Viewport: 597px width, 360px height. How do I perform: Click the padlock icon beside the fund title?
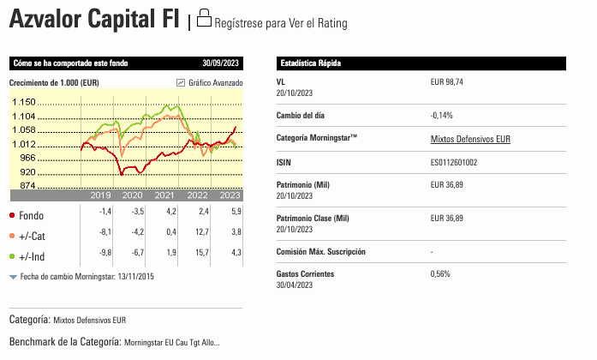[204, 18]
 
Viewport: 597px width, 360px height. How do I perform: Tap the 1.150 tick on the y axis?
[24, 102]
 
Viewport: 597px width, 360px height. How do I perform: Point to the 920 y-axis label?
[27, 171]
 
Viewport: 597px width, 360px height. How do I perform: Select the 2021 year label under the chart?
[164, 195]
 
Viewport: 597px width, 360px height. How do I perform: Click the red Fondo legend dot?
[12, 215]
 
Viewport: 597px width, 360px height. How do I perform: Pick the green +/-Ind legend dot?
[12, 256]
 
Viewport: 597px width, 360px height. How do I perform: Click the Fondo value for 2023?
[236, 212]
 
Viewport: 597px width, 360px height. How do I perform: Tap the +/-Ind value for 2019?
[105, 252]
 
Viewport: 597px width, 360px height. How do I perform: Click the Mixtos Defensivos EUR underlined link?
[470, 139]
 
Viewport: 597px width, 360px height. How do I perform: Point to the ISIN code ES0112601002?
[454, 163]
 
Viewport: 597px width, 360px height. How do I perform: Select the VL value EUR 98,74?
[446, 82]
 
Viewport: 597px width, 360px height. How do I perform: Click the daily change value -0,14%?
[442, 116]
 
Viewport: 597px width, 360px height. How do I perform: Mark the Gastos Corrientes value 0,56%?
[440, 274]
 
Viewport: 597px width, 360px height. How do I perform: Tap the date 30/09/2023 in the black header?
[220, 63]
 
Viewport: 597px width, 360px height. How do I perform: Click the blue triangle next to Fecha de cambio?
[14, 277]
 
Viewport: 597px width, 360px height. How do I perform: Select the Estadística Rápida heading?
[311, 63]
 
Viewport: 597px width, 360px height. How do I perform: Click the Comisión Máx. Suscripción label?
[321, 252]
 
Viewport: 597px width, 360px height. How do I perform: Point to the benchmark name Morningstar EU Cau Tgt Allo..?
[171, 343]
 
